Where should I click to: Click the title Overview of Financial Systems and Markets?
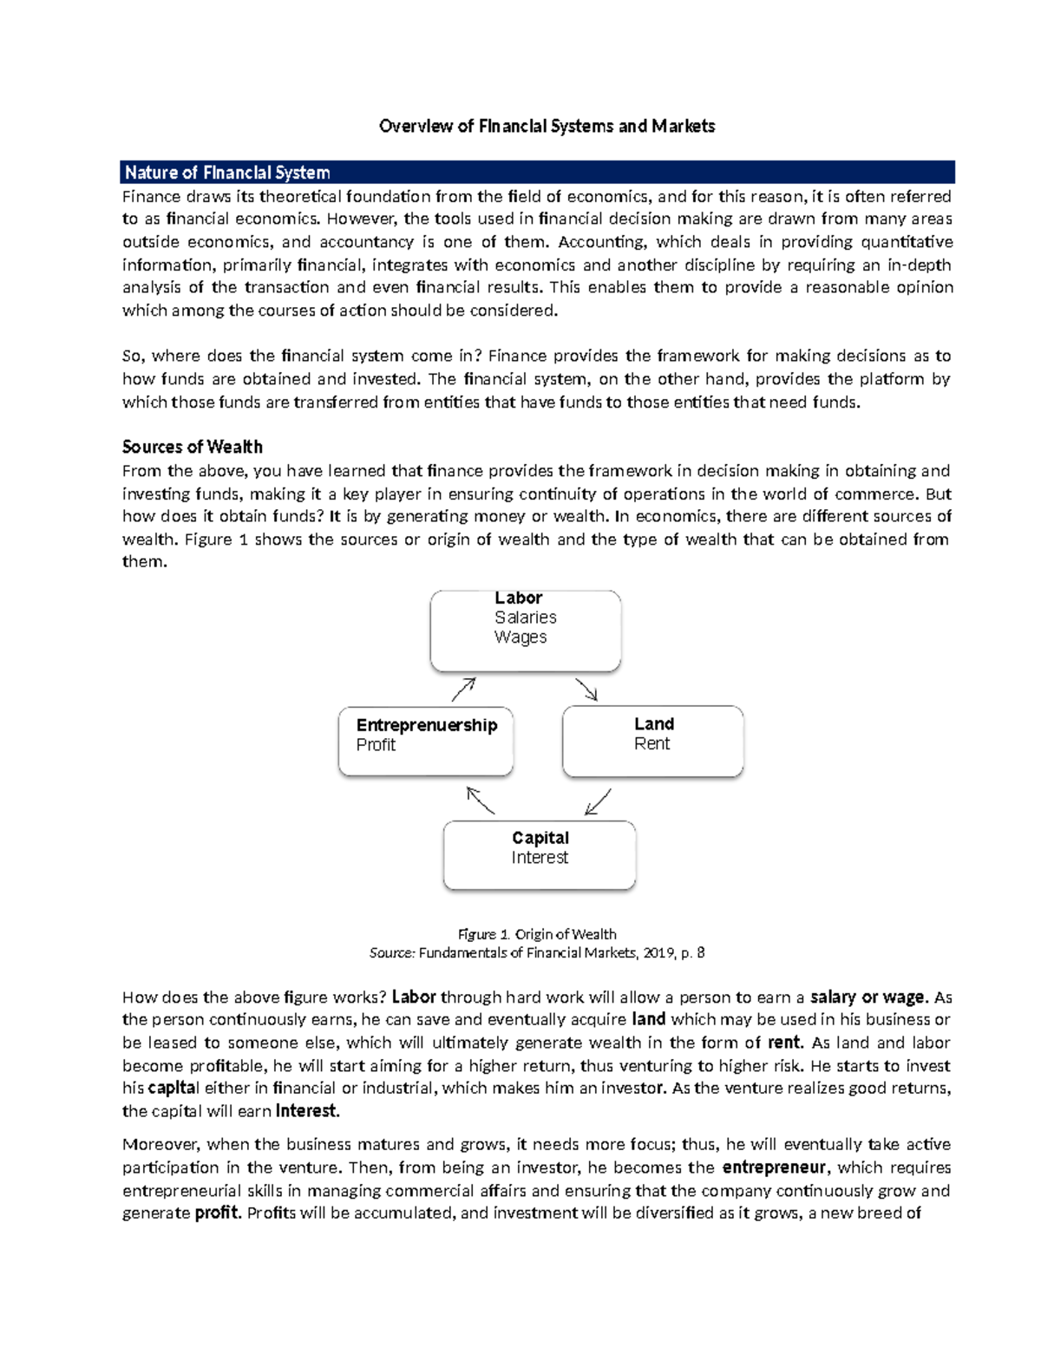click(x=547, y=127)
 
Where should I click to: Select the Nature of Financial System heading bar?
click(x=538, y=172)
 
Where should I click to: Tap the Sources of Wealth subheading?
click(x=192, y=447)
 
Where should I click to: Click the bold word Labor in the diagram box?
click(x=518, y=598)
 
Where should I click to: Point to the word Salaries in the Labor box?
click(x=525, y=618)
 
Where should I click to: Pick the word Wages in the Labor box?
click(x=520, y=637)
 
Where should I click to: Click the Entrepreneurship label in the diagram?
click(x=426, y=725)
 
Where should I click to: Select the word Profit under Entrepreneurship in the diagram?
click(x=376, y=745)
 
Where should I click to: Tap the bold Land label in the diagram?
click(x=653, y=723)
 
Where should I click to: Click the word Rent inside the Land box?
click(x=651, y=743)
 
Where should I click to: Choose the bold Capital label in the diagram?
click(x=540, y=838)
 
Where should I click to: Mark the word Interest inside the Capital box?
click(x=540, y=858)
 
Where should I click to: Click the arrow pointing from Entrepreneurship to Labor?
click(x=463, y=690)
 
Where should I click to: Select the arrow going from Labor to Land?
click(x=586, y=690)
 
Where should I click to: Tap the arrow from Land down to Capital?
click(x=598, y=802)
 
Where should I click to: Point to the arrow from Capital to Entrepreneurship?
click(x=481, y=801)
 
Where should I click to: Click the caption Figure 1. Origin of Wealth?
click(x=536, y=934)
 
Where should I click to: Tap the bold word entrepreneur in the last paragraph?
click(x=774, y=1167)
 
